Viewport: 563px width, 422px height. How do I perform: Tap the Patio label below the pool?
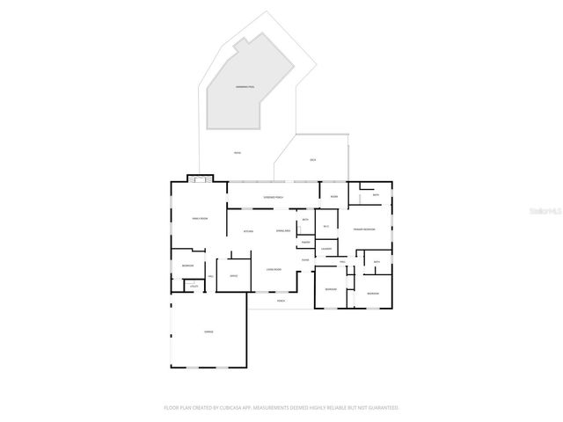coord(237,153)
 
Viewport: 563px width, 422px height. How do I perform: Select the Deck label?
coord(312,160)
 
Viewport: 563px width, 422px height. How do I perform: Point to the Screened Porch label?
coord(274,197)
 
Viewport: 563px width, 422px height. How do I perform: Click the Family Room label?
coord(200,218)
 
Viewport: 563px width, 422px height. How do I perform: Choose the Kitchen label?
coord(249,231)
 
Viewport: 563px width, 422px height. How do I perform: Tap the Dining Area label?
coord(284,231)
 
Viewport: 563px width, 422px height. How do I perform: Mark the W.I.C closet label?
coord(325,227)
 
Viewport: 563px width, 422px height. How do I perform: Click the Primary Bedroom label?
coord(365,229)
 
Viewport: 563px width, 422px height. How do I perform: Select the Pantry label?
coord(305,242)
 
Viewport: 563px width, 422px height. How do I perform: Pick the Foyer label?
coord(305,260)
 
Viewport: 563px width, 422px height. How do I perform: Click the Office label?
coord(234,276)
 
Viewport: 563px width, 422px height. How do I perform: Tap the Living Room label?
coord(274,270)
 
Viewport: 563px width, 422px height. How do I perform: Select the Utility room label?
coord(194,286)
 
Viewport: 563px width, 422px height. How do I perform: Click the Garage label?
coord(208,331)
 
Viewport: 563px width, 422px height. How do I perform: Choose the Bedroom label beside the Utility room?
coord(187,266)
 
